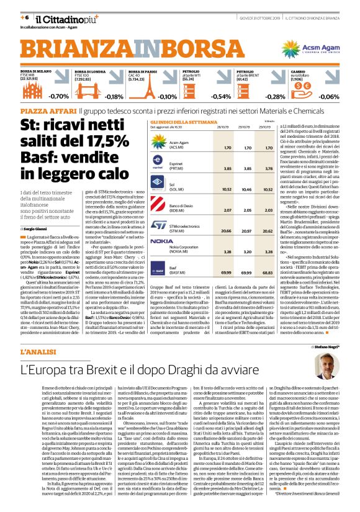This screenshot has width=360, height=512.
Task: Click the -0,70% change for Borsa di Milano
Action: [x=59, y=96]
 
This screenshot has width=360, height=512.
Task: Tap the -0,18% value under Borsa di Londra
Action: [x=115, y=96]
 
